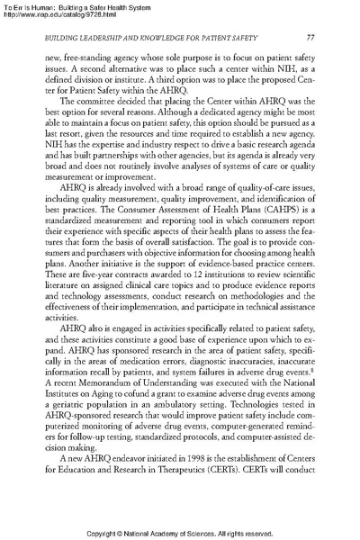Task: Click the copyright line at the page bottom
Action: pos(180,533)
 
